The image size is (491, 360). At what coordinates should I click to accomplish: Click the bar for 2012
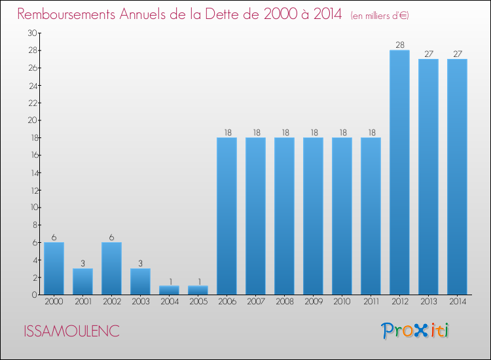399,172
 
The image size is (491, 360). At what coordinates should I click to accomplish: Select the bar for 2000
54,268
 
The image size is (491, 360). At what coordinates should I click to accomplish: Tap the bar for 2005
198,290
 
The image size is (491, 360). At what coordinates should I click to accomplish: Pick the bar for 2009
313,216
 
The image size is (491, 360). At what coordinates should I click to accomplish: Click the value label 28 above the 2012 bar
399,45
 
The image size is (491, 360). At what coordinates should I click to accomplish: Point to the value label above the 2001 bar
82,263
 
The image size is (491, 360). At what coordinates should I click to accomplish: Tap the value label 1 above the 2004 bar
169,281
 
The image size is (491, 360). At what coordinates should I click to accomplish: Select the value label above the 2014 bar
457,54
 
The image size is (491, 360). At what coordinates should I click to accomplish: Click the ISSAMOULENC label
71,331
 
